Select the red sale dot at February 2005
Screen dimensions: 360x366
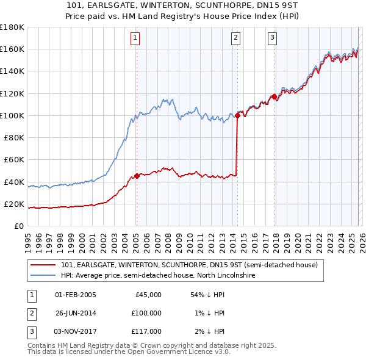coord(137,176)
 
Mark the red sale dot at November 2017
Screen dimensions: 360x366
coord(274,96)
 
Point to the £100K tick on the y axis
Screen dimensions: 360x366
coord(12,115)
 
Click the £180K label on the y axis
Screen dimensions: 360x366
coord(12,27)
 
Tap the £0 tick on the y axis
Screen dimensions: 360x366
coord(19,226)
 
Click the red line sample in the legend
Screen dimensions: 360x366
coord(43,265)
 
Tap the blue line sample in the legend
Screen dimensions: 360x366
coord(43,276)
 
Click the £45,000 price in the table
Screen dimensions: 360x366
coord(148,295)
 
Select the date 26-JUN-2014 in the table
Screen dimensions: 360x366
coord(76,313)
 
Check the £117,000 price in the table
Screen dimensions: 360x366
coord(146,331)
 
